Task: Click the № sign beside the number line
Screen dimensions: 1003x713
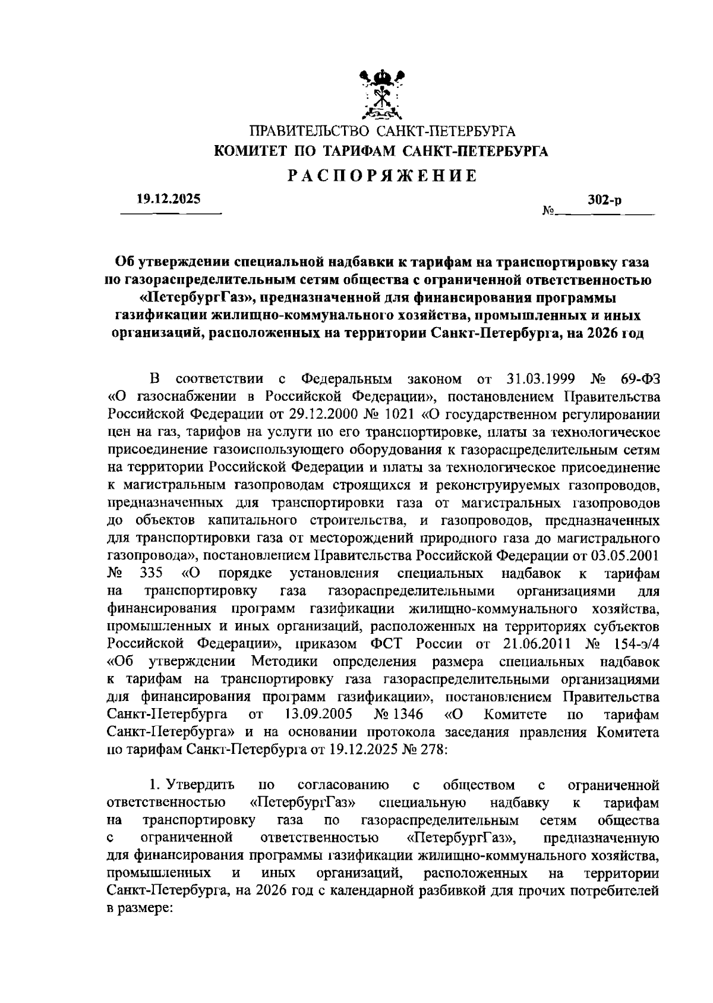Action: click(x=548, y=212)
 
